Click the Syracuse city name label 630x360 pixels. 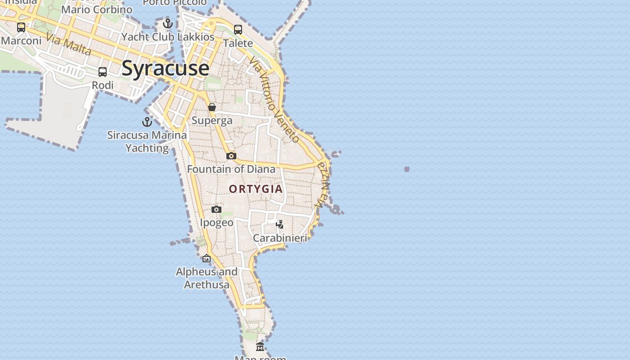tap(165, 68)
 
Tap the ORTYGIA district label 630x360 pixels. tap(256, 189)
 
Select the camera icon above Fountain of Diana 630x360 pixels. tap(231, 156)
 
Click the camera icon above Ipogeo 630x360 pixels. tap(216, 209)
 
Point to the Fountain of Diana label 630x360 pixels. tap(231, 169)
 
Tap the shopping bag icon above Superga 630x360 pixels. tap(212, 107)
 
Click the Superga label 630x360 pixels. tap(212, 121)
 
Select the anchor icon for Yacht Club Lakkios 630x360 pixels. tap(168, 23)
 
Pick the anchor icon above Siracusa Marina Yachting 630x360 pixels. tap(147, 121)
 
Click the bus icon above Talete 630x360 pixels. tap(238, 30)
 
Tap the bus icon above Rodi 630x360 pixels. tap(103, 72)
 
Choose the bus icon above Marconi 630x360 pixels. tap(21, 27)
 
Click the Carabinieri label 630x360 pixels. tap(280, 238)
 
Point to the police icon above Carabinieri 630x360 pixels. tap(280, 224)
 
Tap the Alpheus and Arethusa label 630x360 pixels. tap(207, 278)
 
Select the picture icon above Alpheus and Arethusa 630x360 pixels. tap(207, 258)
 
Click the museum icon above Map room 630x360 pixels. tap(260, 346)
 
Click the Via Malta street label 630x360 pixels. tap(68, 45)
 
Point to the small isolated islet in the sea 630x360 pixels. tap(407, 169)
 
